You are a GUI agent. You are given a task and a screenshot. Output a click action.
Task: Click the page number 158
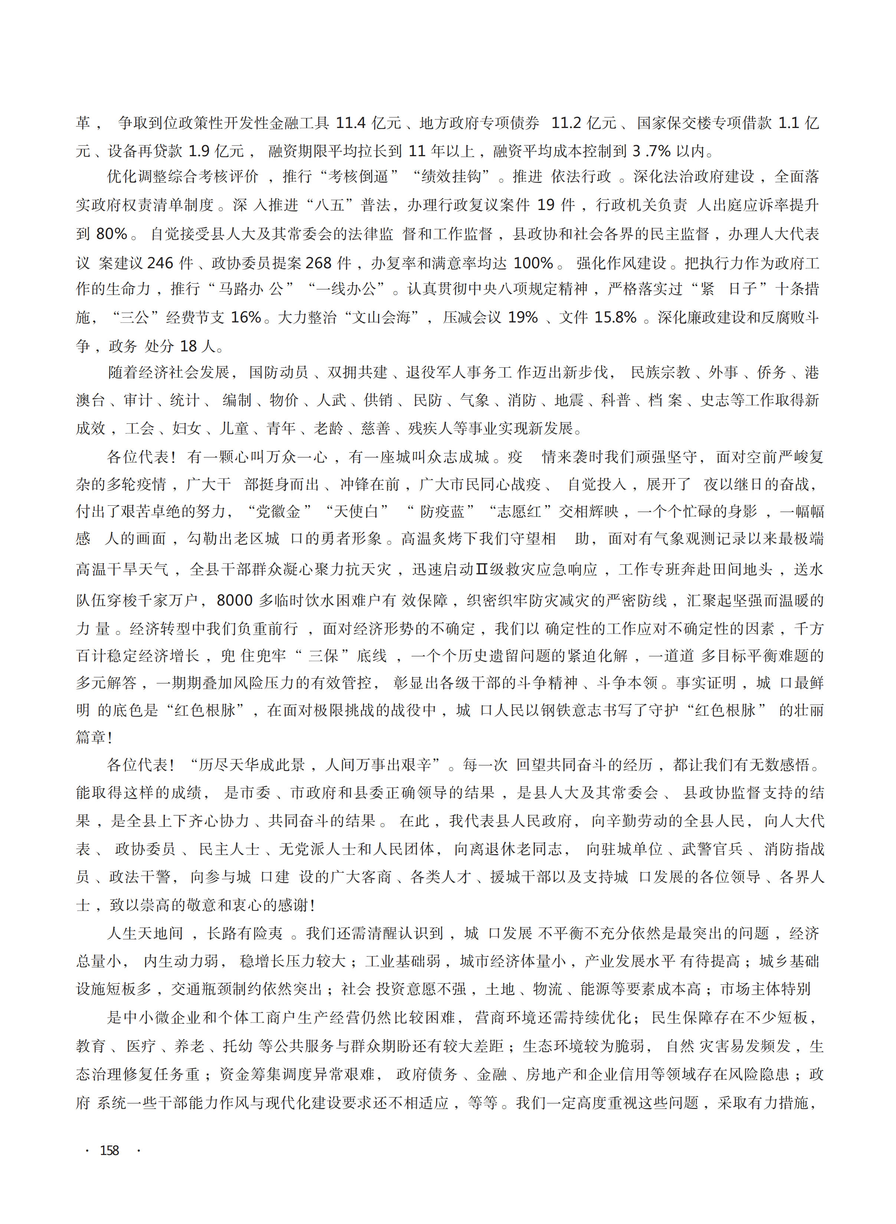point(109,1150)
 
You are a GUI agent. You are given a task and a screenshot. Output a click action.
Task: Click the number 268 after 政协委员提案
point(319,263)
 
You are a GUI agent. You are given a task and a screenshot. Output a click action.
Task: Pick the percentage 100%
point(533,263)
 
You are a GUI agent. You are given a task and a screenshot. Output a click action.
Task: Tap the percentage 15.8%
point(615,317)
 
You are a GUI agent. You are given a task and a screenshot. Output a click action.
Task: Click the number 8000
point(235,600)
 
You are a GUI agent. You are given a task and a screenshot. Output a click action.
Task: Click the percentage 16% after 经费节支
point(247,317)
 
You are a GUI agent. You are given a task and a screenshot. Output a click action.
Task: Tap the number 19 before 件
point(546,205)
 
